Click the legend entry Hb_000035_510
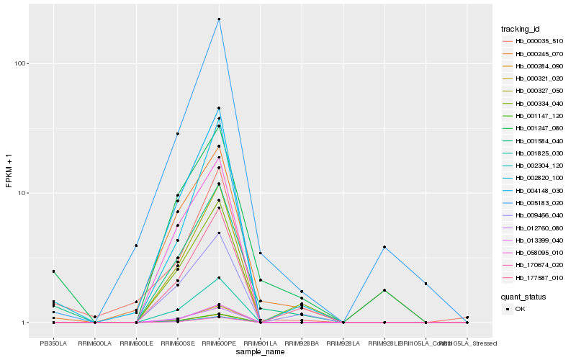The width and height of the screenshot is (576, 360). coord(533,41)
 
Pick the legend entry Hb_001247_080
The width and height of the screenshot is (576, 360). coord(533,128)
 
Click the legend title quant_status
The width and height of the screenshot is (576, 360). coord(523,296)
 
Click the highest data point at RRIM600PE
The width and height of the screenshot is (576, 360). coord(219,19)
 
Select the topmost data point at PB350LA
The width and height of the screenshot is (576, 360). coord(53,271)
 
